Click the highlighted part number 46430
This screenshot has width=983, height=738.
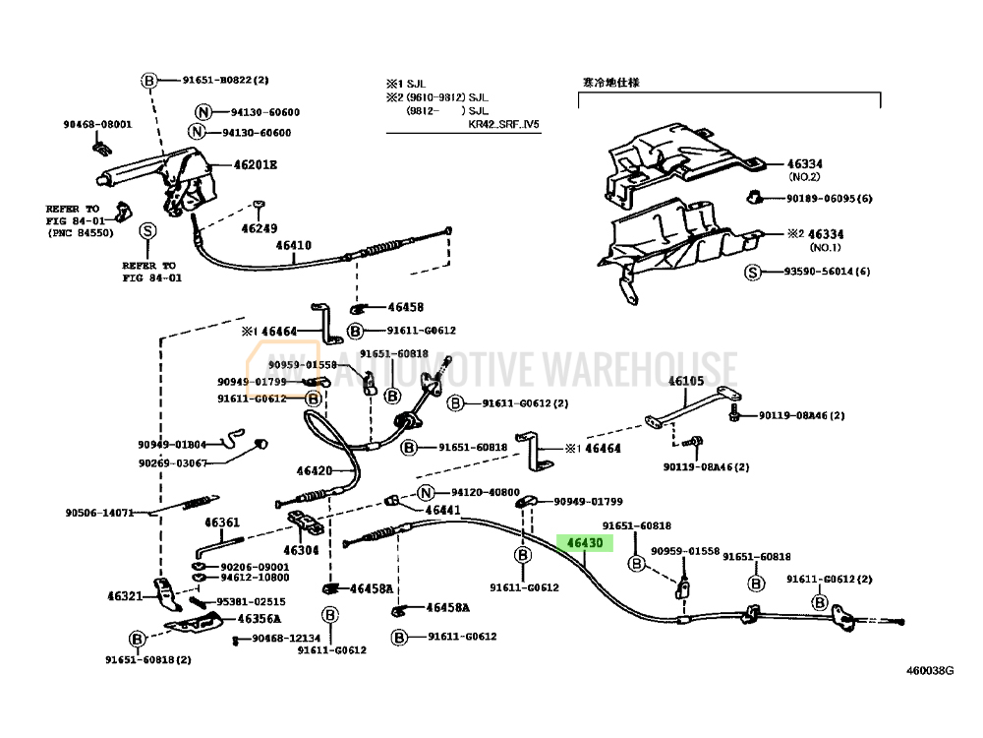[584, 543]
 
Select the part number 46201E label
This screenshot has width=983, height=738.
[255, 165]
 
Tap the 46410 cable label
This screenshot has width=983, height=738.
[293, 246]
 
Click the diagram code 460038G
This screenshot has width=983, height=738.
[930, 671]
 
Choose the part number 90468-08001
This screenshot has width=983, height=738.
[97, 125]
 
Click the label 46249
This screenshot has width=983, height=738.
[260, 228]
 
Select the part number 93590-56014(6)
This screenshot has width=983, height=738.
[828, 272]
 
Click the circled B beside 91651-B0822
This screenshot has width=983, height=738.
[148, 81]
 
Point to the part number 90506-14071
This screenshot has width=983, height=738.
[99, 513]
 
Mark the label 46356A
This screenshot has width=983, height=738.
[259, 619]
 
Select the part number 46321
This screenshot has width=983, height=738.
[125, 595]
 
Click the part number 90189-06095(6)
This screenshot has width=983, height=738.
[829, 199]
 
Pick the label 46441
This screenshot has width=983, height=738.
[442, 510]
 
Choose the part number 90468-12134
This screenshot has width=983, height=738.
[286, 639]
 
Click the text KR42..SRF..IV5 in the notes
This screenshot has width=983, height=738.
[503, 124]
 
